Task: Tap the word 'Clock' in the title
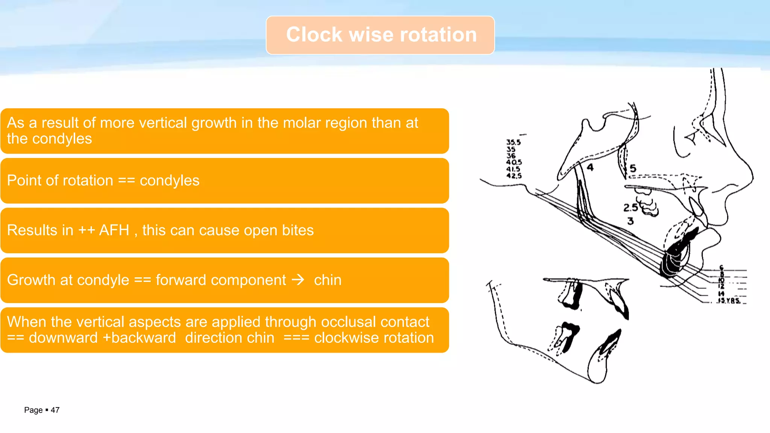coord(314,35)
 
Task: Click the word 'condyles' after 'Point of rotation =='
coord(170,181)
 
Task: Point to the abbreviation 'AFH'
coord(114,230)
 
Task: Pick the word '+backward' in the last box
coord(139,338)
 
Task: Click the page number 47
coord(55,410)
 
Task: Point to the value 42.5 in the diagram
coord(514,176)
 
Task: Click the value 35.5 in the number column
coord(514,142)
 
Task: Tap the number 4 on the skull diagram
coord(590,167)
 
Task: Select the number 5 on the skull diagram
coord(633,168)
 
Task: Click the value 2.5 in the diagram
coord(631,207)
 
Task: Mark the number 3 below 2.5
coord(631,221)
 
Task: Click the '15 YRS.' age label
coord(729,300)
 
